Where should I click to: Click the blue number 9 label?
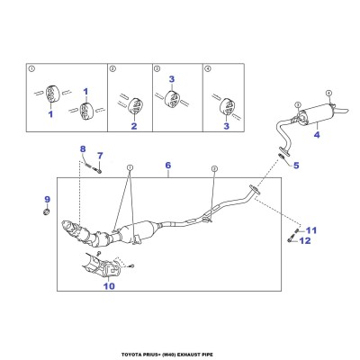click(48, 199)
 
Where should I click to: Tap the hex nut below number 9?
click(46, 211)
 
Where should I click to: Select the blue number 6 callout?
click(168, 165)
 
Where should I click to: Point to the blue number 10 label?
click(109, 286)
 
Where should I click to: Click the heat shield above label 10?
click(101, 265)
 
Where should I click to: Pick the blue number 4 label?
click(317, 135)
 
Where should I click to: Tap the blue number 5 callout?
click(296, 165)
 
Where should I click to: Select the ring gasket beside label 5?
click(282, 156)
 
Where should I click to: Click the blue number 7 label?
click(100, 156)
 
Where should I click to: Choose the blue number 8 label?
click(83, 148)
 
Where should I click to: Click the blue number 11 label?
click(311, 230)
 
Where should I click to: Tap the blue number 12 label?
click(305, 240)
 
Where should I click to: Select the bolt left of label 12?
click(290, 240)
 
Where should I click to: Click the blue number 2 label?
click(134, 126)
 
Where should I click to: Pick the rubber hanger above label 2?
click(135, 105)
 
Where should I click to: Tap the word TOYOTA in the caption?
click(130, 355)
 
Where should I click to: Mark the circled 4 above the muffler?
click(328, 93)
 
